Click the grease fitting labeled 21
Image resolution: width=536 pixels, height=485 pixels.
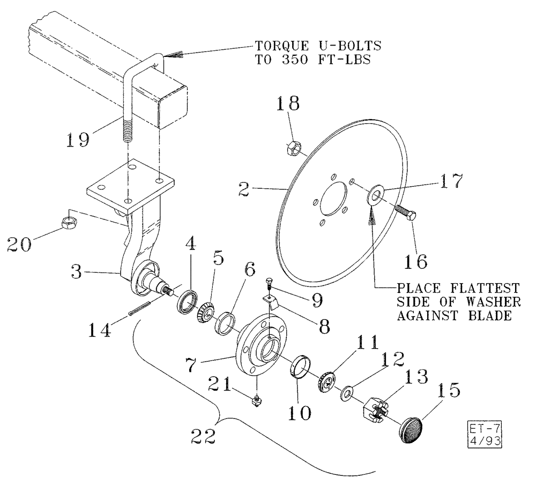coord(257,399)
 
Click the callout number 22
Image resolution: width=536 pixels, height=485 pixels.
coord(205,434)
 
